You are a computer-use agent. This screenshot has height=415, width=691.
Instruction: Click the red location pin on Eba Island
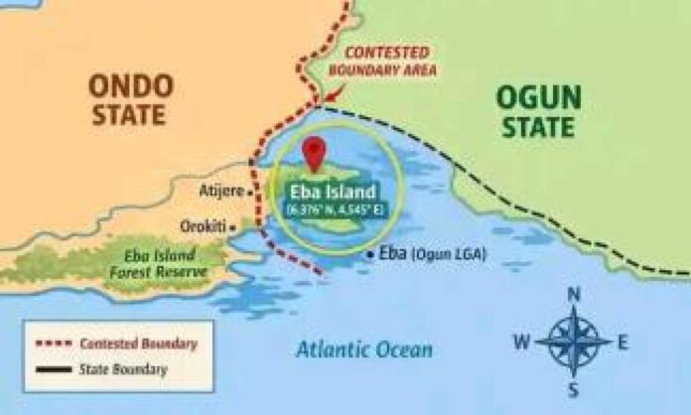point(315,153)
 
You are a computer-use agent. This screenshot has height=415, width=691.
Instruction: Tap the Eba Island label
point(333,192)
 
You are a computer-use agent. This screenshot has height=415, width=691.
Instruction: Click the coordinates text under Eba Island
point(333,209)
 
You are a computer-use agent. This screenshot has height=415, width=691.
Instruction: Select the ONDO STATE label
point(132,99)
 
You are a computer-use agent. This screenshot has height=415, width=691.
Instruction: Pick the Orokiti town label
point(203,225)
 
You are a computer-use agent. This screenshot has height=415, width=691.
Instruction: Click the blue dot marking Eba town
point(369,254)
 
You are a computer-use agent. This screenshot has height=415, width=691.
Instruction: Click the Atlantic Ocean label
point(365,348)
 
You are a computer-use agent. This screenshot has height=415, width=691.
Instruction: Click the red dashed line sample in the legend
point(56,344)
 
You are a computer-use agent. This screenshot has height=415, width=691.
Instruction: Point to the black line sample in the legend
point(56,369)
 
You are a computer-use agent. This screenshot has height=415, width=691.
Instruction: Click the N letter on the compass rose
point(573,294)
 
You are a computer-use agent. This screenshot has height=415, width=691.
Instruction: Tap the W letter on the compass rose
point(521,343)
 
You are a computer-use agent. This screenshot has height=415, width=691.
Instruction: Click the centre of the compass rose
point(574,342)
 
